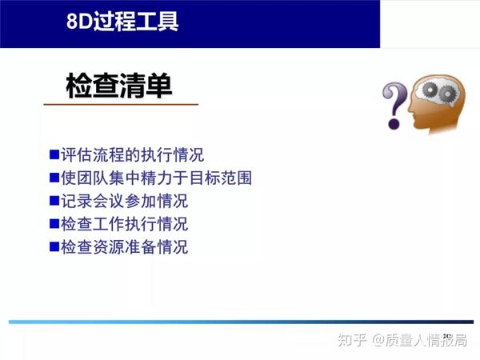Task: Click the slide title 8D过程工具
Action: click(x=122, y=20)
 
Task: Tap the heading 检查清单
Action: click(x=119, y=86)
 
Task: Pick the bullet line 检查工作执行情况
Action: click(x=124, y=224)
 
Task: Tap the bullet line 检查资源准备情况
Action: click(x=124, y=247)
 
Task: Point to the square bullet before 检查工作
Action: click(x=54, y=223)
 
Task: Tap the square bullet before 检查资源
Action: click(x=54, y=246)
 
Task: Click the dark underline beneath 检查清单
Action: click(x=120, y=105)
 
